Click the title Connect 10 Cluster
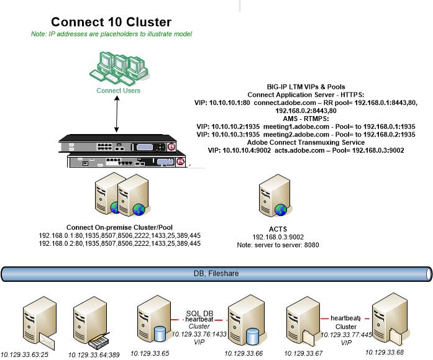[111, 22]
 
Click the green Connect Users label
[118, 91]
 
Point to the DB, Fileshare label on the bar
[216, 272]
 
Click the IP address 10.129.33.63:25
[25, 354]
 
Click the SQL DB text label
[199, 312]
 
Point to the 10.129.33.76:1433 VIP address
[199, 334]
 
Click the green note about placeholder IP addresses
[111, 34]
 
